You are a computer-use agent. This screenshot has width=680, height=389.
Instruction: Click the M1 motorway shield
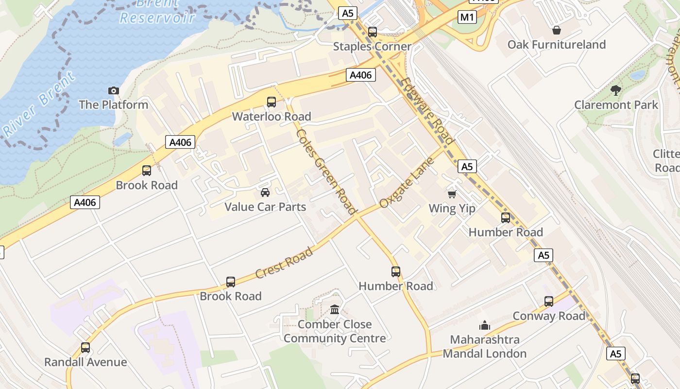point(467,18)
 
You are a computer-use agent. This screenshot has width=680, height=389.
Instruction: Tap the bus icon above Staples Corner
point(373,32)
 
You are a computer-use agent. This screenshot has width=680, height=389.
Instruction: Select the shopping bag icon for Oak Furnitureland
point(557,30)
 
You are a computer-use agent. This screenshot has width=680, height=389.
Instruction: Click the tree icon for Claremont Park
point(616,90)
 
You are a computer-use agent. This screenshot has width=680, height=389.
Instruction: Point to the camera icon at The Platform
point(113,90)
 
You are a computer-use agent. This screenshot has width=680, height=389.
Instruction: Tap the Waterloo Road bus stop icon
point(272,102)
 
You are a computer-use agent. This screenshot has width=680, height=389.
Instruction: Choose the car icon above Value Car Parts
point(265,193)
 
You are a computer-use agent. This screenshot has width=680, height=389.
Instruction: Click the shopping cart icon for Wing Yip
point(452,194)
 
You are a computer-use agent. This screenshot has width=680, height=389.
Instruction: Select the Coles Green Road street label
point(326,171)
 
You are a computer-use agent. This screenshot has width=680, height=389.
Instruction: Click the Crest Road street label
point(284,263)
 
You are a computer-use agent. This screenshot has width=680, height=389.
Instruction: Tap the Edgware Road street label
point(428,112)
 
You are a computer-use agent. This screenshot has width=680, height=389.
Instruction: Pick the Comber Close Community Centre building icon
point(335,310)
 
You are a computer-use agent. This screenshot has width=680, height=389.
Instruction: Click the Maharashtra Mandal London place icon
point(484,325)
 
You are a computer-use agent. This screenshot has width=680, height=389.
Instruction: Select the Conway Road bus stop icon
point(549,301)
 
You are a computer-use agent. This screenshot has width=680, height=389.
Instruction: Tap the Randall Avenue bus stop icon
point(85,348)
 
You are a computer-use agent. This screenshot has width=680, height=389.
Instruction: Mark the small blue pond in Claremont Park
point(637,75)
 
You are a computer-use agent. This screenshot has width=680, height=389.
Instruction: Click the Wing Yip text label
point(452,209)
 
